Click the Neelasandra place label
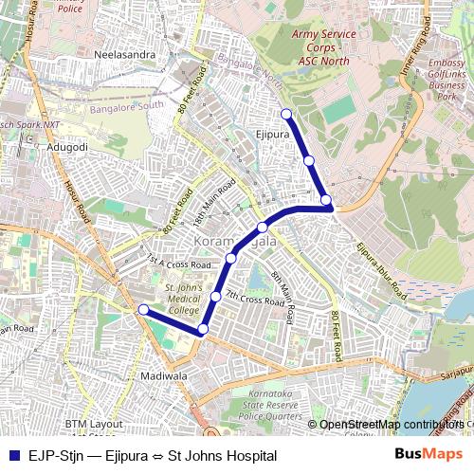[125, 55]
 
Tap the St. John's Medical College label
[183, 299]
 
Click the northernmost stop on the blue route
[286, 114]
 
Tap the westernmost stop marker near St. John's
[143, 309]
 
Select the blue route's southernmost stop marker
[202, 329]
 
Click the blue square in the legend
[13, 456]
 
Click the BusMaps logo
[429, 455]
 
